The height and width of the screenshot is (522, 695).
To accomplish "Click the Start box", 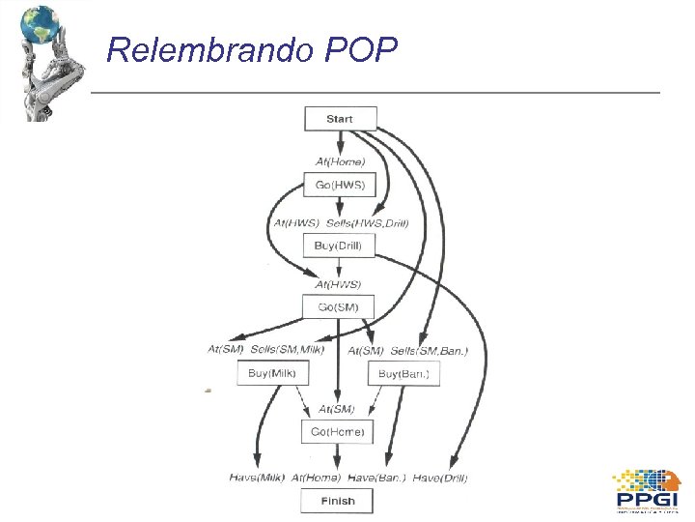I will click(x=340, y=119).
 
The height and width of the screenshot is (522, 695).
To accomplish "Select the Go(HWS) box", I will click(x=340, y=184).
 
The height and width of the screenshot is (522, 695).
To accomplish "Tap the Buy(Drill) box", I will click(x=338, y=246).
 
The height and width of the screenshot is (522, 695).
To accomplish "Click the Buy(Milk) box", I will click(x=271, y=373).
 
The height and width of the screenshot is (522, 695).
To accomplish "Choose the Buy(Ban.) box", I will click(x=403, y=374).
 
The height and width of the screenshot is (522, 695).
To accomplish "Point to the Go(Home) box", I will click(x=338, y=432).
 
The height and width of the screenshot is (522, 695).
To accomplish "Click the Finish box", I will click(x=338, y=501).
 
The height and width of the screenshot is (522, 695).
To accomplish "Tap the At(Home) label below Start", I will click(x=341, y=161).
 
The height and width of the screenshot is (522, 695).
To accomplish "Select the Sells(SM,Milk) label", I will click(x=288, y=349).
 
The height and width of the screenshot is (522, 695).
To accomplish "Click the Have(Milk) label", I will click(x=257, y=478).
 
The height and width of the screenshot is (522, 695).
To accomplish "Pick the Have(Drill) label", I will click(x=442, y=478).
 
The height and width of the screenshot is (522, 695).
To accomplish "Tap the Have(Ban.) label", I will click(x=376, y=478).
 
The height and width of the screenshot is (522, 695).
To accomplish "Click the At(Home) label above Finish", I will click(x=316, y=478).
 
